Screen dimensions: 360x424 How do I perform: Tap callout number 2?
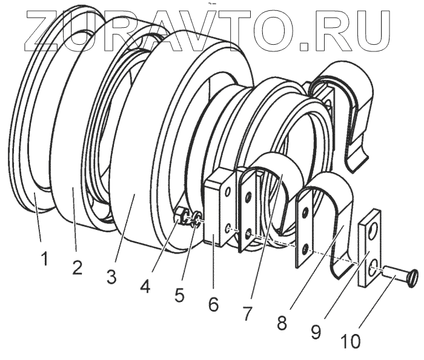click(x=77, y=267)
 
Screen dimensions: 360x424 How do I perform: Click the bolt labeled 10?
click(x=392, y=278)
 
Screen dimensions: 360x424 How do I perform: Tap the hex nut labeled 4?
click(x=179, y=215)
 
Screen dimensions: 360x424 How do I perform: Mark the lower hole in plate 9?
click(x=371, y=264)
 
